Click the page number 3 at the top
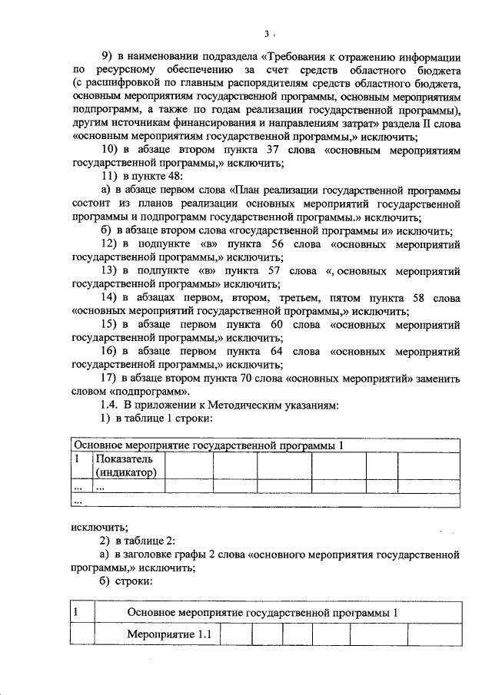267,34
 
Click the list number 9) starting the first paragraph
108,57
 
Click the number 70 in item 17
253,379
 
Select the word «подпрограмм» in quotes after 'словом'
145,392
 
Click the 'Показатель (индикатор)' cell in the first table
126,465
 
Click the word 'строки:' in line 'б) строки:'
133,581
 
